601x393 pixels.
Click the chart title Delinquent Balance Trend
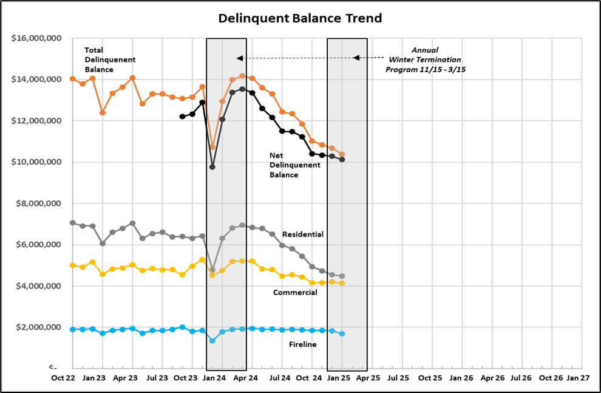tap(300, 18)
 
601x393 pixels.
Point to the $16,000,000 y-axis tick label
tap(36, 38)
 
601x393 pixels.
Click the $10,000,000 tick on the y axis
tap(36, 162)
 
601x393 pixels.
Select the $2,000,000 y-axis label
tap(38, 327)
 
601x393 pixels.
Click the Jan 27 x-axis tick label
tap(577, 377)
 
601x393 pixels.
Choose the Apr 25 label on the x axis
tap(367, 377)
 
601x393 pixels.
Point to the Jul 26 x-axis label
tap(521, 377)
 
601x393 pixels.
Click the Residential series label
tap(303, 234)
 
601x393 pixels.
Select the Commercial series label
tap(295, 292)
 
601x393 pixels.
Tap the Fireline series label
tap(302, 344)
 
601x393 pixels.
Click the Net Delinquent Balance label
tap(294, 165)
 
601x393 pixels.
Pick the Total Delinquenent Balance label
tap(110, 60)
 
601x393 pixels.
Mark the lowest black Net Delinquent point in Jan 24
tap(212, 166)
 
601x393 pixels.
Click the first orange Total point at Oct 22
tap(73, 79)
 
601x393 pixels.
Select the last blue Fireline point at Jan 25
tap(342, 334)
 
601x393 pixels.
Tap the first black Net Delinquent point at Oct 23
tap(182, 116)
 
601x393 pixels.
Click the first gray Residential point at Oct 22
tap(73, 223)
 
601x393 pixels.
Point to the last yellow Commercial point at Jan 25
tap(342, 284)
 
